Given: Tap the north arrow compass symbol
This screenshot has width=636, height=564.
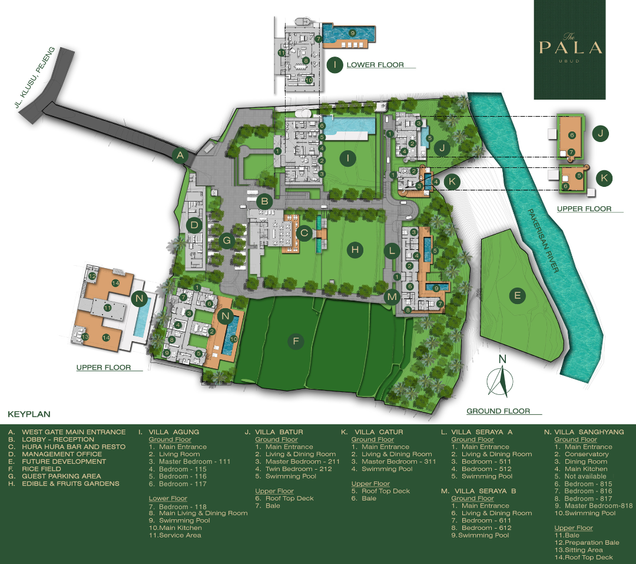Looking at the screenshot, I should [x=502, y=381].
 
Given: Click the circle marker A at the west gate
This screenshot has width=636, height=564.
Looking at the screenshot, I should [x=180, y=156].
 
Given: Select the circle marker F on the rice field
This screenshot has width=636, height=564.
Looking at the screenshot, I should [x=296, y=340].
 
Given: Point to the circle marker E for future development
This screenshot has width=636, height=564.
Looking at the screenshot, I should [x=517, y=296].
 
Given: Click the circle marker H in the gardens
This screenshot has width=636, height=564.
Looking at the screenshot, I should [x=355, y=250].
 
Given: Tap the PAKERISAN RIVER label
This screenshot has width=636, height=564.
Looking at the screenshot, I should [x=543, y=240].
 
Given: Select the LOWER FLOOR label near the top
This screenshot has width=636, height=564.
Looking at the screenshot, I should [x=375, y=65].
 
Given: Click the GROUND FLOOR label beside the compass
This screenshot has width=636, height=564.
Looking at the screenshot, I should [x=498, y=411].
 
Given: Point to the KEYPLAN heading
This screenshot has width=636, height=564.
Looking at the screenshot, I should [x=29, y=414].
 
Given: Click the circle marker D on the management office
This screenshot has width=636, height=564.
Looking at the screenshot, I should [x=193, y=225].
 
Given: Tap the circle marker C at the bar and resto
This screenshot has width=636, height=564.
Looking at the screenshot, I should [x=304, y=233].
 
